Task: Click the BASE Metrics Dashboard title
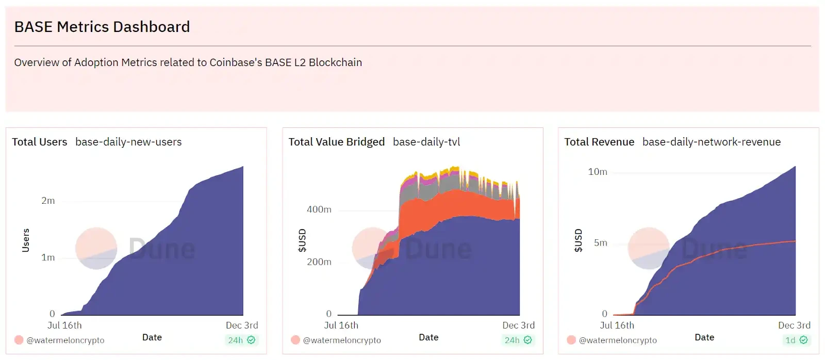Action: pyautogui.click(x=102, y=27)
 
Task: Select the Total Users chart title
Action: pyautogui.click(x=40, y=142)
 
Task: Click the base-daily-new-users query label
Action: pyautogui.click(x=128, y=142)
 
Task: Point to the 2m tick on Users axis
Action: pyautogui.click(x=48, y=201)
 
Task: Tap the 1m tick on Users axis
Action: pyautogui.click(x=48, y=257)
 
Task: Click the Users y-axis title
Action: pyautogui.click(x=26, y=240)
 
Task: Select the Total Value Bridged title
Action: pyautogui.click(x=336, y=142)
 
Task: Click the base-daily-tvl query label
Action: pyautogui.click(x=426, y=142)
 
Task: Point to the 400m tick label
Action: pyautogui.click(x=319, y=209)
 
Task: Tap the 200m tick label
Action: pyautogui.click(x=319, y=262)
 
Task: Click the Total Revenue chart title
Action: pyautogui.click(x=599, y=142)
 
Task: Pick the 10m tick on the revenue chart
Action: pyautogui.click(x=598, y=172)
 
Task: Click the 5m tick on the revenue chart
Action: pyautogui.click(x=600, y=243)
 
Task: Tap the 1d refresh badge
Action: pyautogui.click(x=796, y=340)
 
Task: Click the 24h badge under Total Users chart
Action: pyautogui.click(x=241, y=340)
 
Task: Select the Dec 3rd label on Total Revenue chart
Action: pyautogui.click(x=794, y=325)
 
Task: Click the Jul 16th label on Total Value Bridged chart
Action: pyautogui.click(x=341, y=325)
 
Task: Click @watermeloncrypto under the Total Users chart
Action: pyautogui.click(x=65, y=340)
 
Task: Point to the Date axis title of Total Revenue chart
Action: pyautogui.click(x=704, y=337)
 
